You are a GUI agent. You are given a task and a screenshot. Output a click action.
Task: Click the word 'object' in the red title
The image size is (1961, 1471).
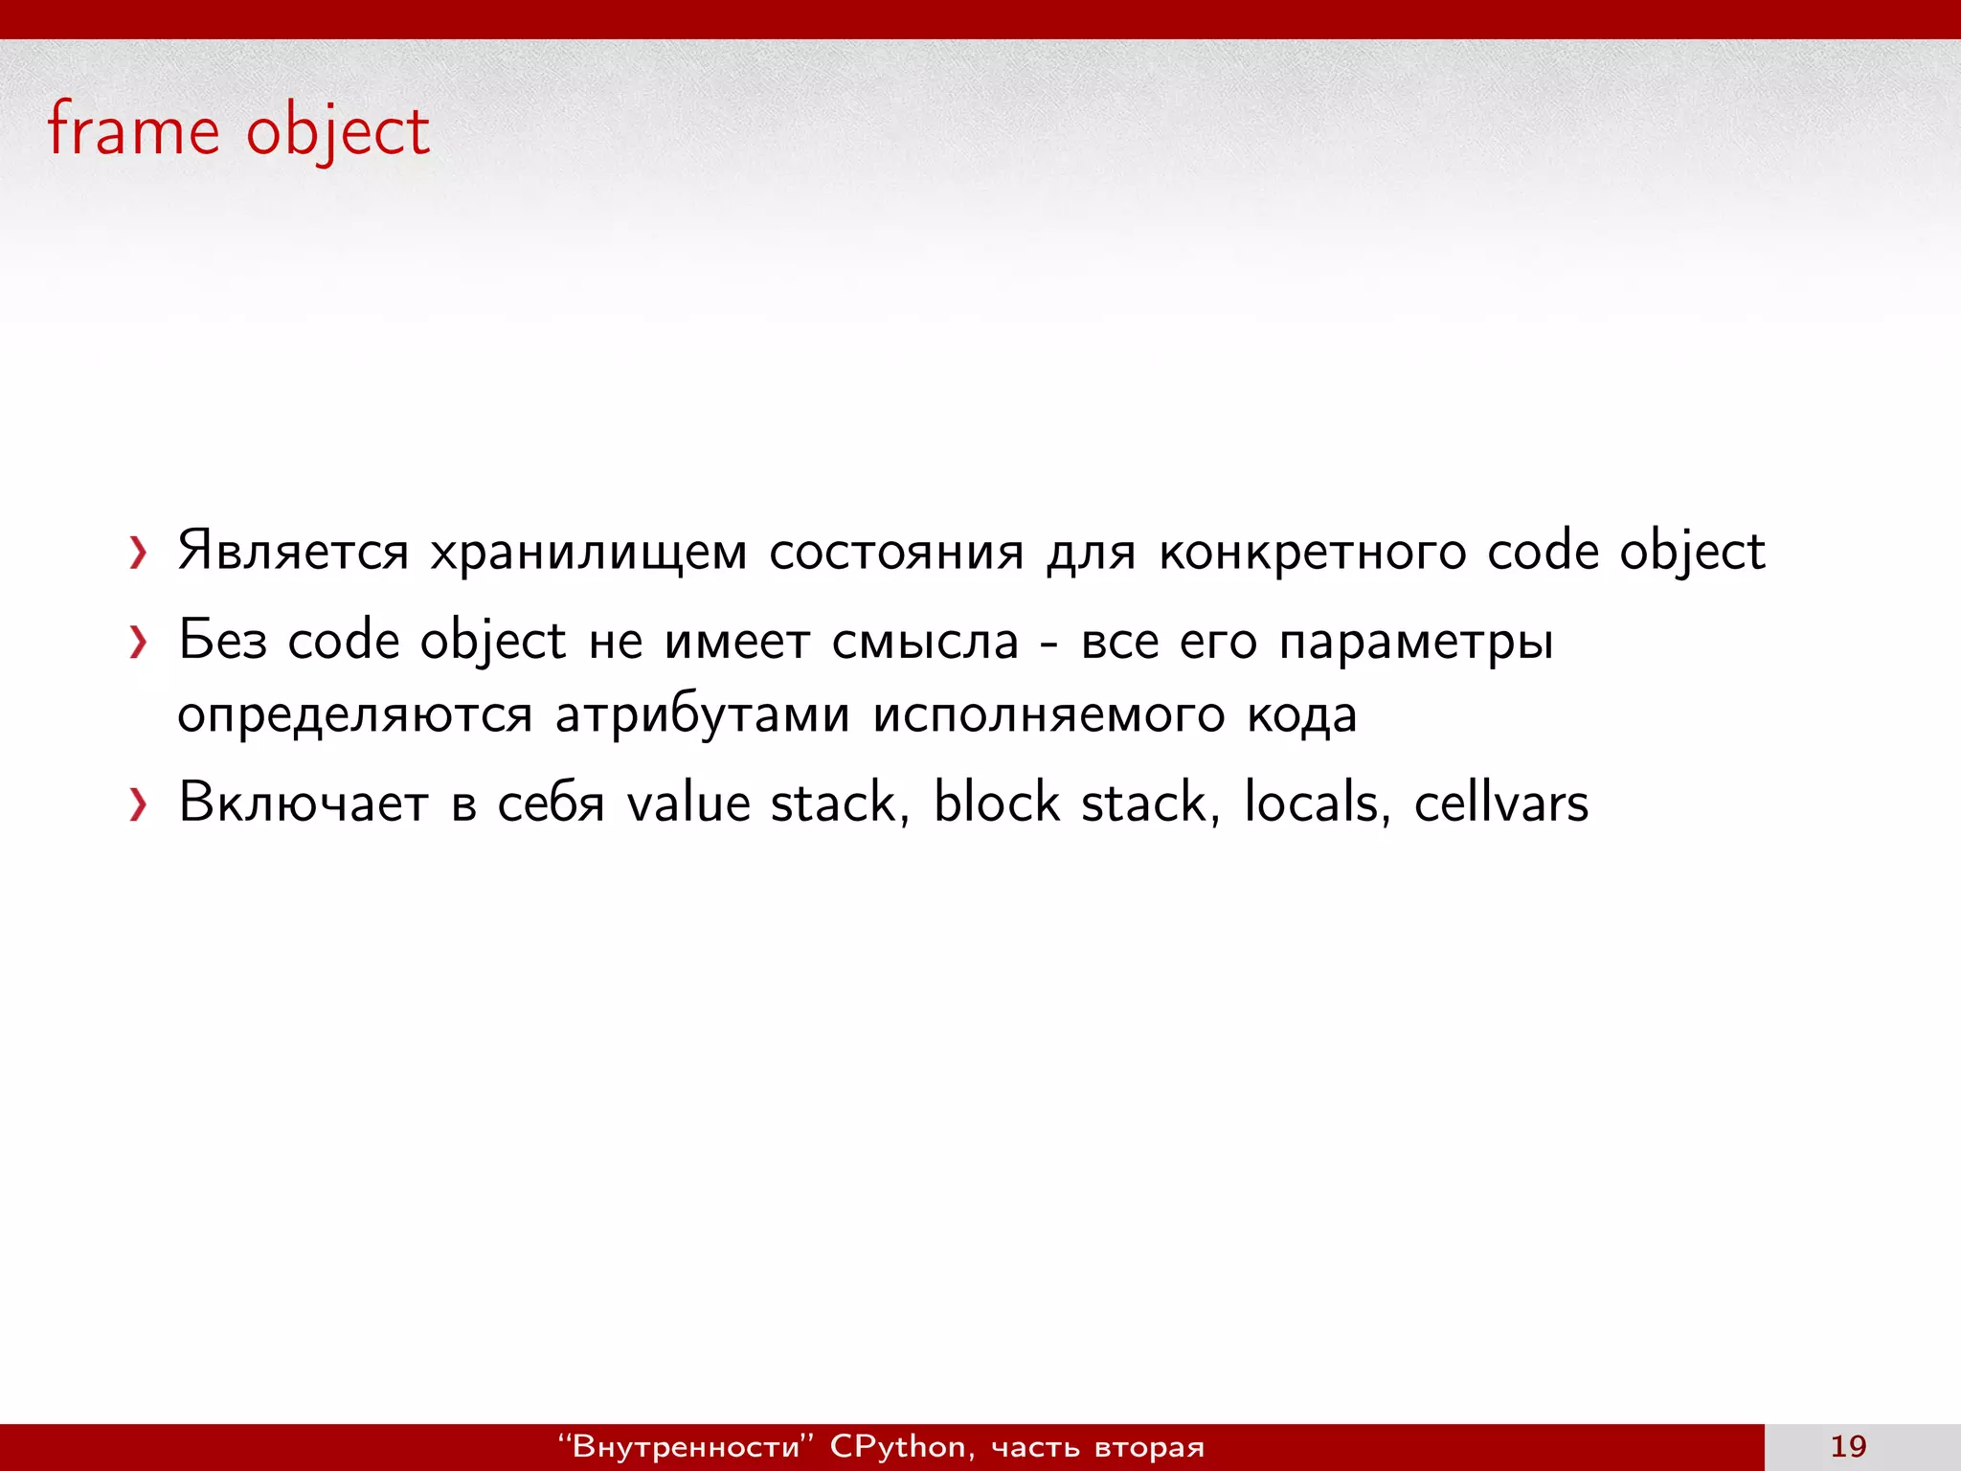(x=337, y=132)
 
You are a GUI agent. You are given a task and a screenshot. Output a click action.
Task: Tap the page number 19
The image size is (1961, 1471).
(x=1847, y=1446)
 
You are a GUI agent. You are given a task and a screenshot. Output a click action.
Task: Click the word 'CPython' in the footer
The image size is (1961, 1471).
(x=897, y=1446)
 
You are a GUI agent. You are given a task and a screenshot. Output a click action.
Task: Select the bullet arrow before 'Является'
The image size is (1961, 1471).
(x=138, y=553)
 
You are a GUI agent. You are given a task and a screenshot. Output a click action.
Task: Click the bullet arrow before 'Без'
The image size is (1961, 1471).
(x=138, y=642)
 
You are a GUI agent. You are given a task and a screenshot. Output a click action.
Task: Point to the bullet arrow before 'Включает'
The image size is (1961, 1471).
(x=138, y=804)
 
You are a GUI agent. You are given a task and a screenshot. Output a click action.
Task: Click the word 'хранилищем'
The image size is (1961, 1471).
(x=587, y=553)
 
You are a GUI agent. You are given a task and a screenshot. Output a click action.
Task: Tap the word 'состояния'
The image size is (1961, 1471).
(x=895, y=553)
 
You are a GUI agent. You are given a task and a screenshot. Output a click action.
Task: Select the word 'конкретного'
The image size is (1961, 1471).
(x=1311, y=553)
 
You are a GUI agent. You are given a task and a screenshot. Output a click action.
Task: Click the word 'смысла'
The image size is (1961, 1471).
(x=924, y=642)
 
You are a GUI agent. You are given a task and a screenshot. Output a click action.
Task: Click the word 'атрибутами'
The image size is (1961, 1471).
(x=702, y=715)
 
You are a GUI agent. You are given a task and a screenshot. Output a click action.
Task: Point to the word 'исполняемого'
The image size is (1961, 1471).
(x=1048, y=715)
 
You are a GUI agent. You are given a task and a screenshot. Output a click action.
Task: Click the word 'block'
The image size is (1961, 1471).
(x=996, y=803)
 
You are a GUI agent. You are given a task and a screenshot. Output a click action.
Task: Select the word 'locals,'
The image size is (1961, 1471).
(x=1316, y=803)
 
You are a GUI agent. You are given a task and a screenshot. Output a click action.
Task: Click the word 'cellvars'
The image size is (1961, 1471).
(x=1500, y=803)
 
